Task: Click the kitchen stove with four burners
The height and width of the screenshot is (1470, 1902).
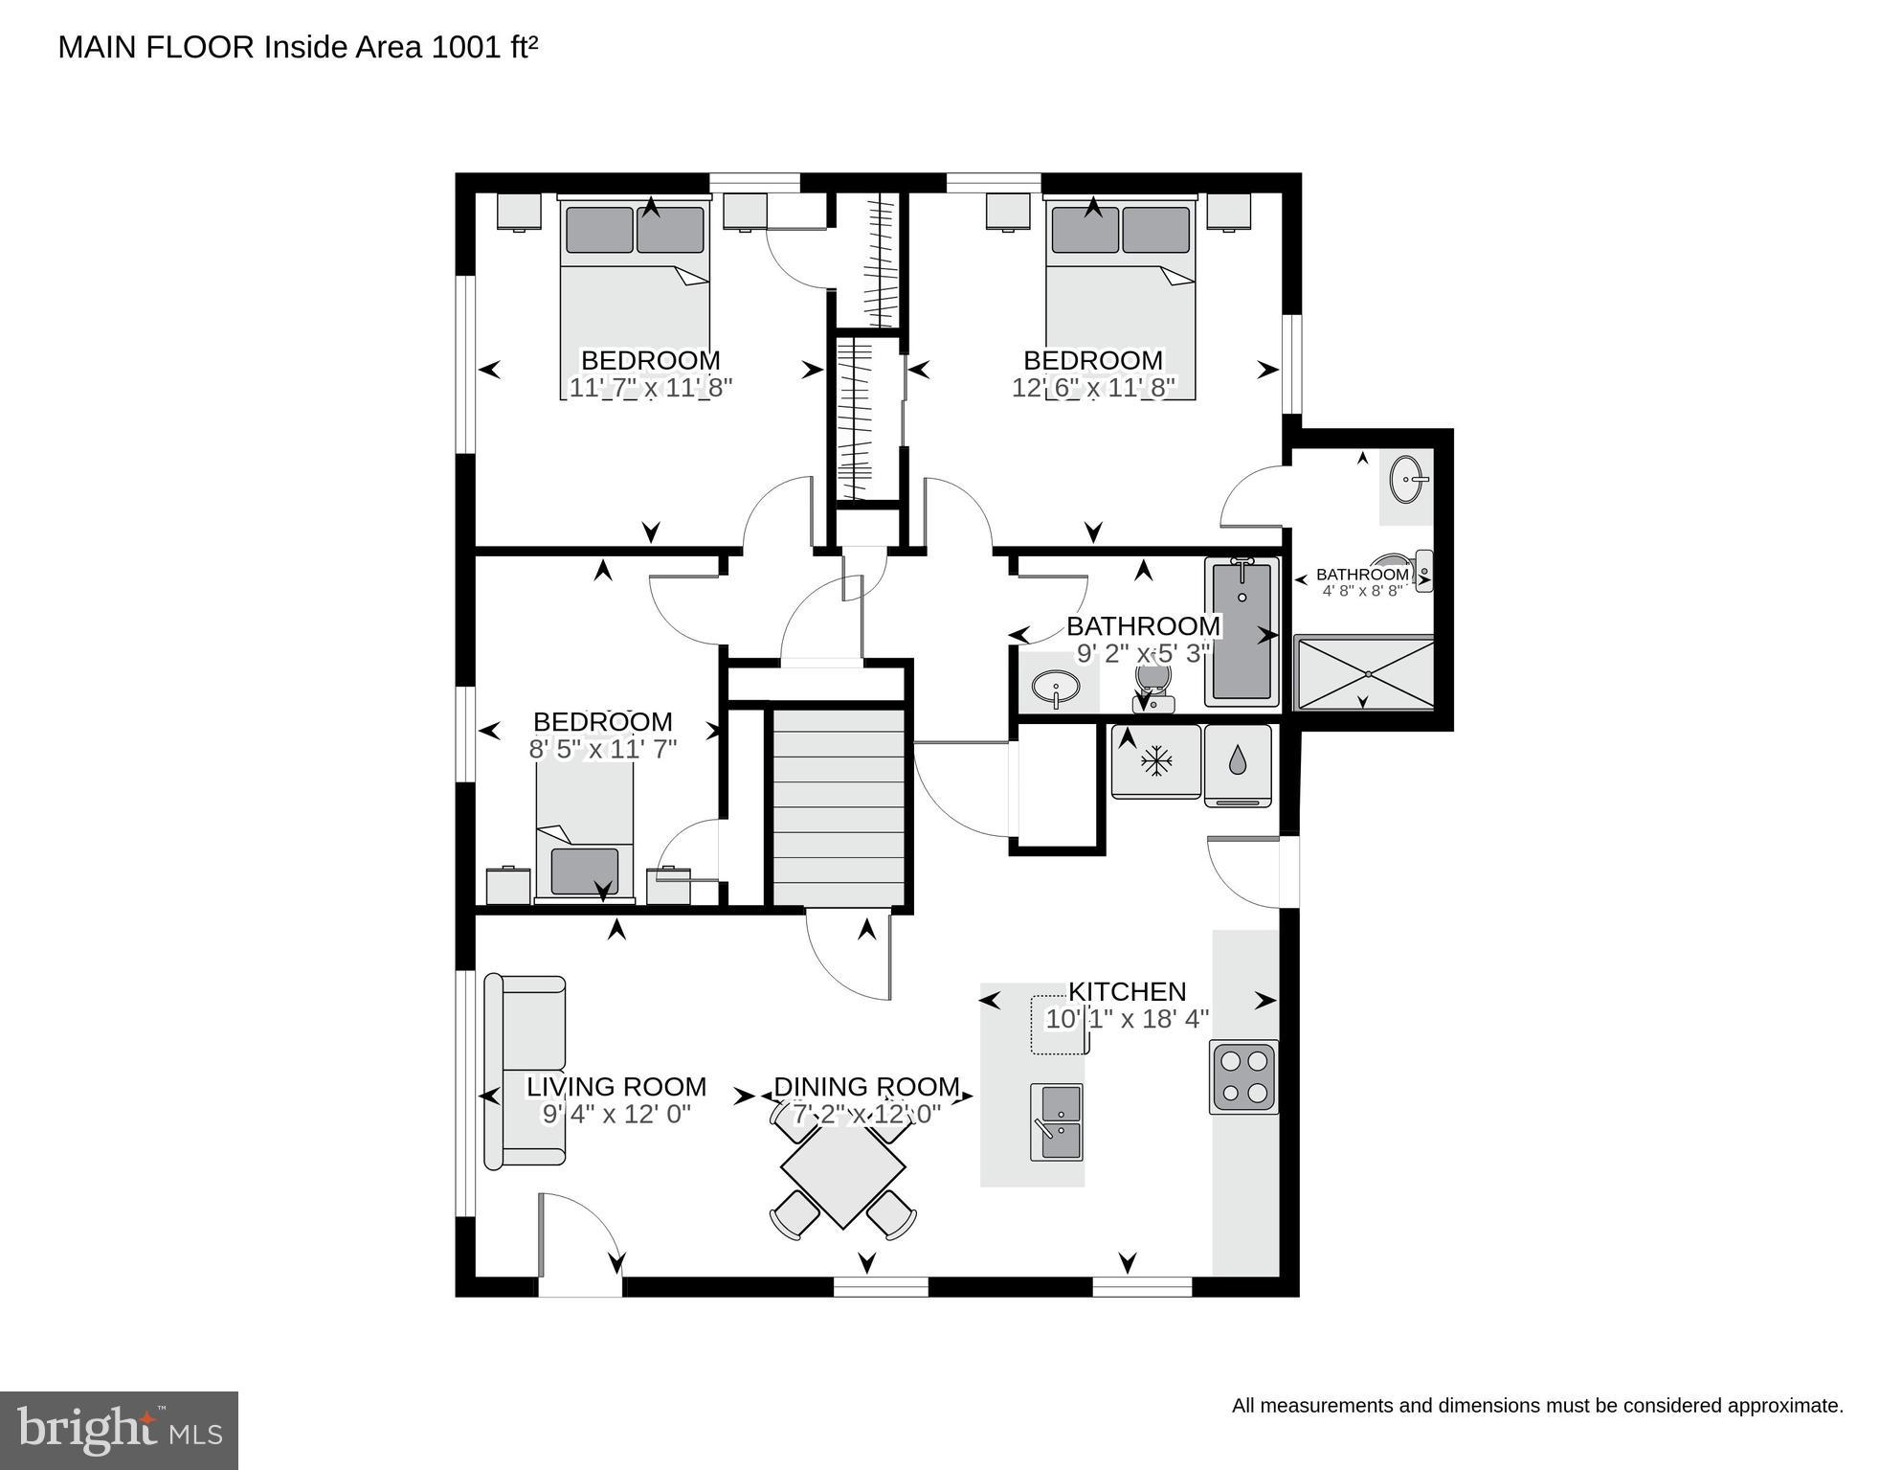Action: point(1243,1076)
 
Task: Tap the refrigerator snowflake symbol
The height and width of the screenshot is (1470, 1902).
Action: point(1155,762)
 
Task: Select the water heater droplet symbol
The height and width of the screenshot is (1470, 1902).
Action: point(1238,761)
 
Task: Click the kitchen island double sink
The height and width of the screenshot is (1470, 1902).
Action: point(1057,1121)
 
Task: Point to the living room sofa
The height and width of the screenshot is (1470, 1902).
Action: point(524,1072)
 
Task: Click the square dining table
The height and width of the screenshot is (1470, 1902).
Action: point(842,1176)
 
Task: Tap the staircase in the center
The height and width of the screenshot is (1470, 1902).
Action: point(839,806)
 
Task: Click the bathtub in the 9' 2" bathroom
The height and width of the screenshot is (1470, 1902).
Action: point(1242,632)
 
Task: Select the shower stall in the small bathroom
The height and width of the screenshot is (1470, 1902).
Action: point(1364,674)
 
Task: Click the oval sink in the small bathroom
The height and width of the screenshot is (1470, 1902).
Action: point(1408,478)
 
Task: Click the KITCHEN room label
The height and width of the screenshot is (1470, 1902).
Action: point(1127,991)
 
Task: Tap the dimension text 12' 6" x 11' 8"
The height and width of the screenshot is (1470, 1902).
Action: point(1092,388)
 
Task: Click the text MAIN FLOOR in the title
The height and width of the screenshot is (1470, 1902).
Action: point(156,47)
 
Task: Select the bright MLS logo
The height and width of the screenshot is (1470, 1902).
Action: point(119,1430)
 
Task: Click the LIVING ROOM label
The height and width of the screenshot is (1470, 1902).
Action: point(616,1087)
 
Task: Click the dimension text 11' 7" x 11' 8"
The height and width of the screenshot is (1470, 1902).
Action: point(650,388)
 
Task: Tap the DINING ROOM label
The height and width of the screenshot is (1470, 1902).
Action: point(865,1087)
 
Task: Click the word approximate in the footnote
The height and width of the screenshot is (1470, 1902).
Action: point(1784,1406)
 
